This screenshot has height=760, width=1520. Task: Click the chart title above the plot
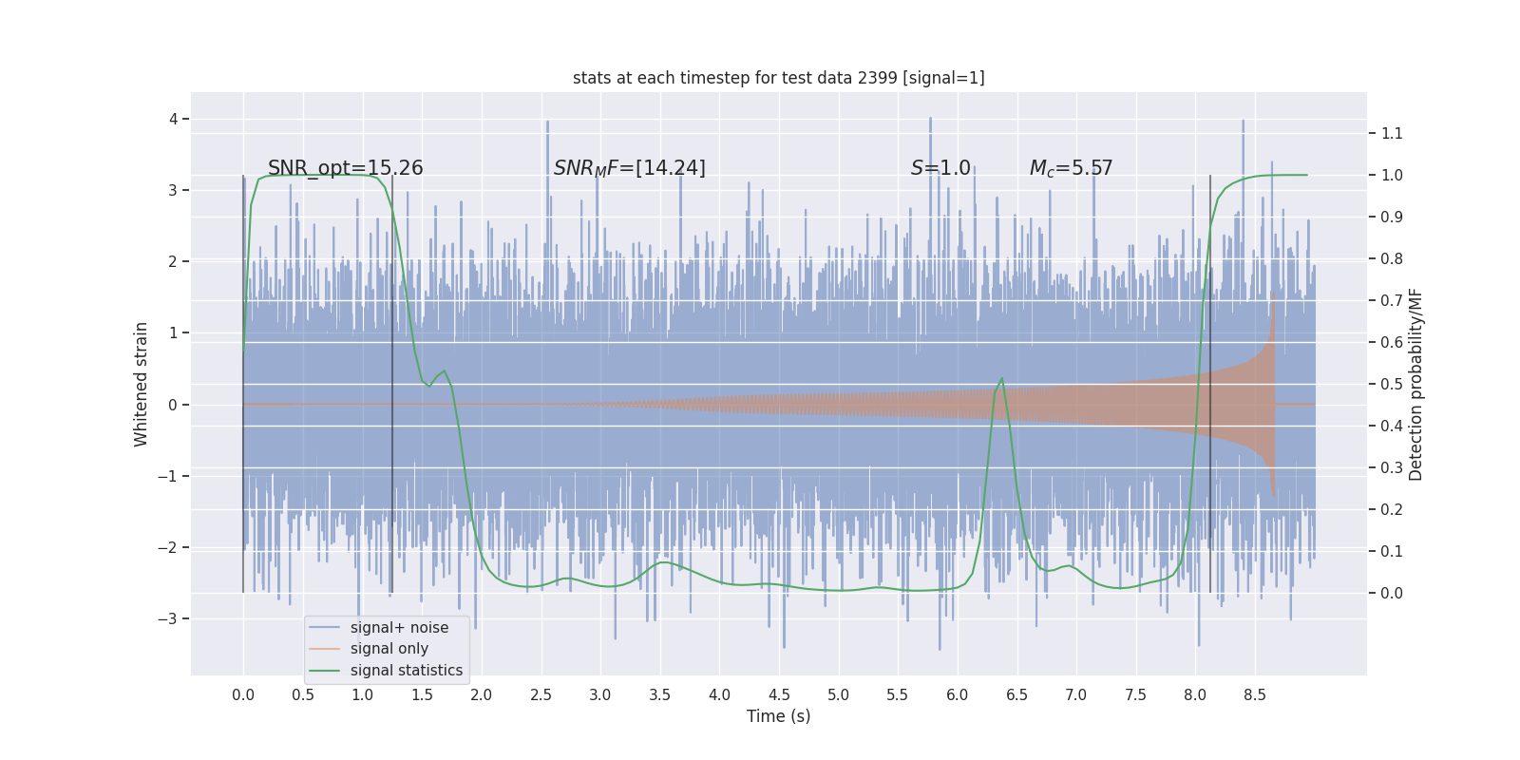click(778, 78)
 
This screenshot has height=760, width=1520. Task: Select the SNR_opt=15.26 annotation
click(345, 168)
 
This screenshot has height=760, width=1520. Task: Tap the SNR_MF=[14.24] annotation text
click(629, 168)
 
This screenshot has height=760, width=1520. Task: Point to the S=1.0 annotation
click(940, 168)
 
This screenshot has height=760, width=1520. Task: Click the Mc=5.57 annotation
click(1071, 168)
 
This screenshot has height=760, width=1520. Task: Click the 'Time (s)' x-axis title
click(778, 716)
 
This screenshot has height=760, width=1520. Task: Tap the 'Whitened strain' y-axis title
click(142, 384)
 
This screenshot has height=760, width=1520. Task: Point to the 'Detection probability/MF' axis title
click(1415, 384)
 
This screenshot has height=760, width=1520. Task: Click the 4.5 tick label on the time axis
click(779, 694)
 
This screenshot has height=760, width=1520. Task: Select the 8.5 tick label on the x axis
click(1254, 694)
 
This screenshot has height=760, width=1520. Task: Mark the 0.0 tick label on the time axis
click(243, 694)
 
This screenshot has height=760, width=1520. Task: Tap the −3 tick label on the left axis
click(167, 618)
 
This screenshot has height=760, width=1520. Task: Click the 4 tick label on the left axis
click(173, 119)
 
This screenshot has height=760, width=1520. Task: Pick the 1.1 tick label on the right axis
click(1392, 133)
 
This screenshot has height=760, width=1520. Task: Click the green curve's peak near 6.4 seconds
click(1001, 379)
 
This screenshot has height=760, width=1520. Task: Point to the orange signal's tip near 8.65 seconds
click(1273, 293)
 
